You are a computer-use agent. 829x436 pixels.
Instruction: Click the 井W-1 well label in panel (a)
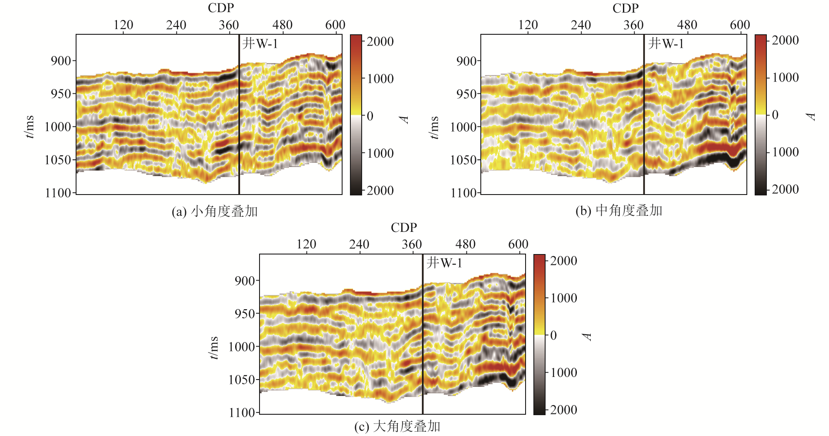[260, 43]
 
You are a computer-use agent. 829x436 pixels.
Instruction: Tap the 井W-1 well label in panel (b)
[666, 43]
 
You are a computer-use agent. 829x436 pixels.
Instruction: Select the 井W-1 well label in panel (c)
[444, 263]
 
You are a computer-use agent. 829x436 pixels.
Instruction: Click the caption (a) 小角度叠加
[215, 211]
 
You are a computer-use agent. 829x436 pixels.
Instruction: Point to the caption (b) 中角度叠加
[619, 211]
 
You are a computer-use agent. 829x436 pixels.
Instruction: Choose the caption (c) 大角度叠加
[397, 426]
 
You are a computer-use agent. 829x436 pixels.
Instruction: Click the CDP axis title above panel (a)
[221, 8]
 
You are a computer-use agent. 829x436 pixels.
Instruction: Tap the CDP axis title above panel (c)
[404, 228]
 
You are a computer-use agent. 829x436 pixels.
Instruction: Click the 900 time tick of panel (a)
[61, 61]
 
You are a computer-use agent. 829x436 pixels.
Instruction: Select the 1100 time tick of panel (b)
[464, 193]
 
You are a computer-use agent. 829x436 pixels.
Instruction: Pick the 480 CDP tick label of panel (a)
[283, 25]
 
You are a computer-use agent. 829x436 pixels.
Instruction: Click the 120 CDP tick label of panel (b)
[528, 25]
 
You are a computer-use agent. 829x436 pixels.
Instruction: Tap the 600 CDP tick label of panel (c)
[518, 244]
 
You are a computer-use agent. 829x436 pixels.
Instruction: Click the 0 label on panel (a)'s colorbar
[370, 116]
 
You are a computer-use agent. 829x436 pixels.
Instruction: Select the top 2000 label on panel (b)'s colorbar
[785, 40]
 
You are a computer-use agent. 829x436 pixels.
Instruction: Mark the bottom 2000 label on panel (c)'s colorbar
[563, 410]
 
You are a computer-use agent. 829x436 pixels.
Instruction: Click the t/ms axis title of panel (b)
[434, 127]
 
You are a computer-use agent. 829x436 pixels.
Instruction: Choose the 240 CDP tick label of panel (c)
[359, 244]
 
